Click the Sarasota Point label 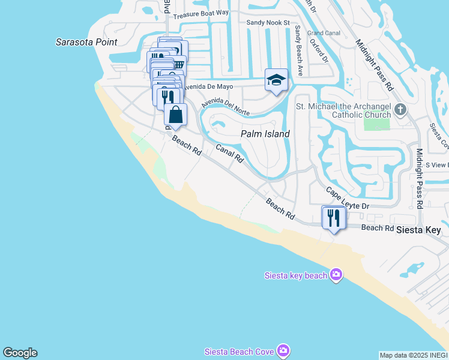tap(86, 42)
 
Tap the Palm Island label tap(265, 134)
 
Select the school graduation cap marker tap(276, 80)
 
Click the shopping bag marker tap(175, 114)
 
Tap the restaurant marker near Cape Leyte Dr tap(333, 217)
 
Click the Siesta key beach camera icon tap(336, 275)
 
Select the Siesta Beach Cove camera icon tap(283, 351)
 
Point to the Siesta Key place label tap(421, 230)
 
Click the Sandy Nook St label tap(268, 23)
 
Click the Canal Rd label tap(229, 154)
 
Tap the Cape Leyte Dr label tap(346, 199)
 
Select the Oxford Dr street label tap(319, 51)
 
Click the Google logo tap(20, 353)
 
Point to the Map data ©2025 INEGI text tap(413, 355)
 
